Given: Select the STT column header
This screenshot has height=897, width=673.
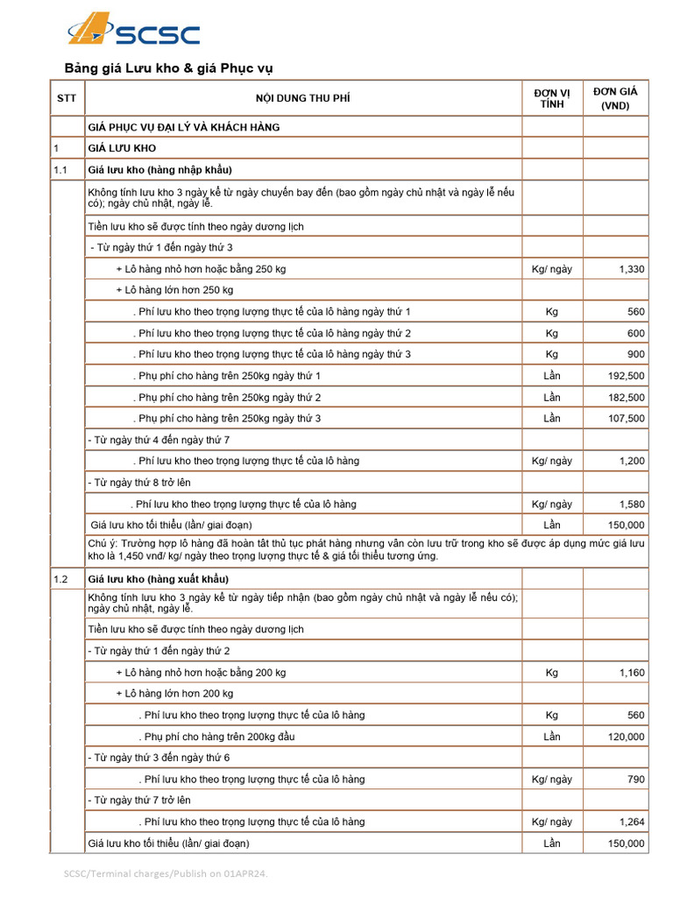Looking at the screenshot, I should click(67, 98).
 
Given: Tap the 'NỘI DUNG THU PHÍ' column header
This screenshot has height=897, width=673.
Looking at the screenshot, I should click(302, 98).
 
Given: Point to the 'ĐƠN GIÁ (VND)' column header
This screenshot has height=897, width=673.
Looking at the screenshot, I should click(615, 98).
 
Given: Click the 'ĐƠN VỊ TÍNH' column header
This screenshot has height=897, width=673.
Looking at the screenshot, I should click(552, 98).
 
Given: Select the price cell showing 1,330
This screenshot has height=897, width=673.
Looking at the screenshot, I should click(631, 269).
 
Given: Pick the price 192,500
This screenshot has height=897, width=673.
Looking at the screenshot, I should click(626, 376).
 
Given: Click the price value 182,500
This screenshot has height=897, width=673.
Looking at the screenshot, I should click(626, 398).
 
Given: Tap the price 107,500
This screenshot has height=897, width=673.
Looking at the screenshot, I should click(626, 419).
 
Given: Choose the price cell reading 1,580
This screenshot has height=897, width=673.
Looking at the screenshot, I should click(631, 505).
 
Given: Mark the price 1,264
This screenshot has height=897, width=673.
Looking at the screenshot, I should click(631, 822).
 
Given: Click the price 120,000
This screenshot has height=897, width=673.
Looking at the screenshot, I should click(626, 737).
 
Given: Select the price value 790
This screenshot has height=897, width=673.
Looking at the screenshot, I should click(635, 779).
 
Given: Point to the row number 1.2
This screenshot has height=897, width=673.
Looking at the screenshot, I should click(60, 579).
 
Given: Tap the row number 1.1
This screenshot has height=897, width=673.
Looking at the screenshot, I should click(60, 170).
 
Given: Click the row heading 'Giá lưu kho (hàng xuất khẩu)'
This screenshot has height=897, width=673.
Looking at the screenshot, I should click(158, 579).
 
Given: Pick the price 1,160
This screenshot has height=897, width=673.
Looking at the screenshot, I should click(631, 673).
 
